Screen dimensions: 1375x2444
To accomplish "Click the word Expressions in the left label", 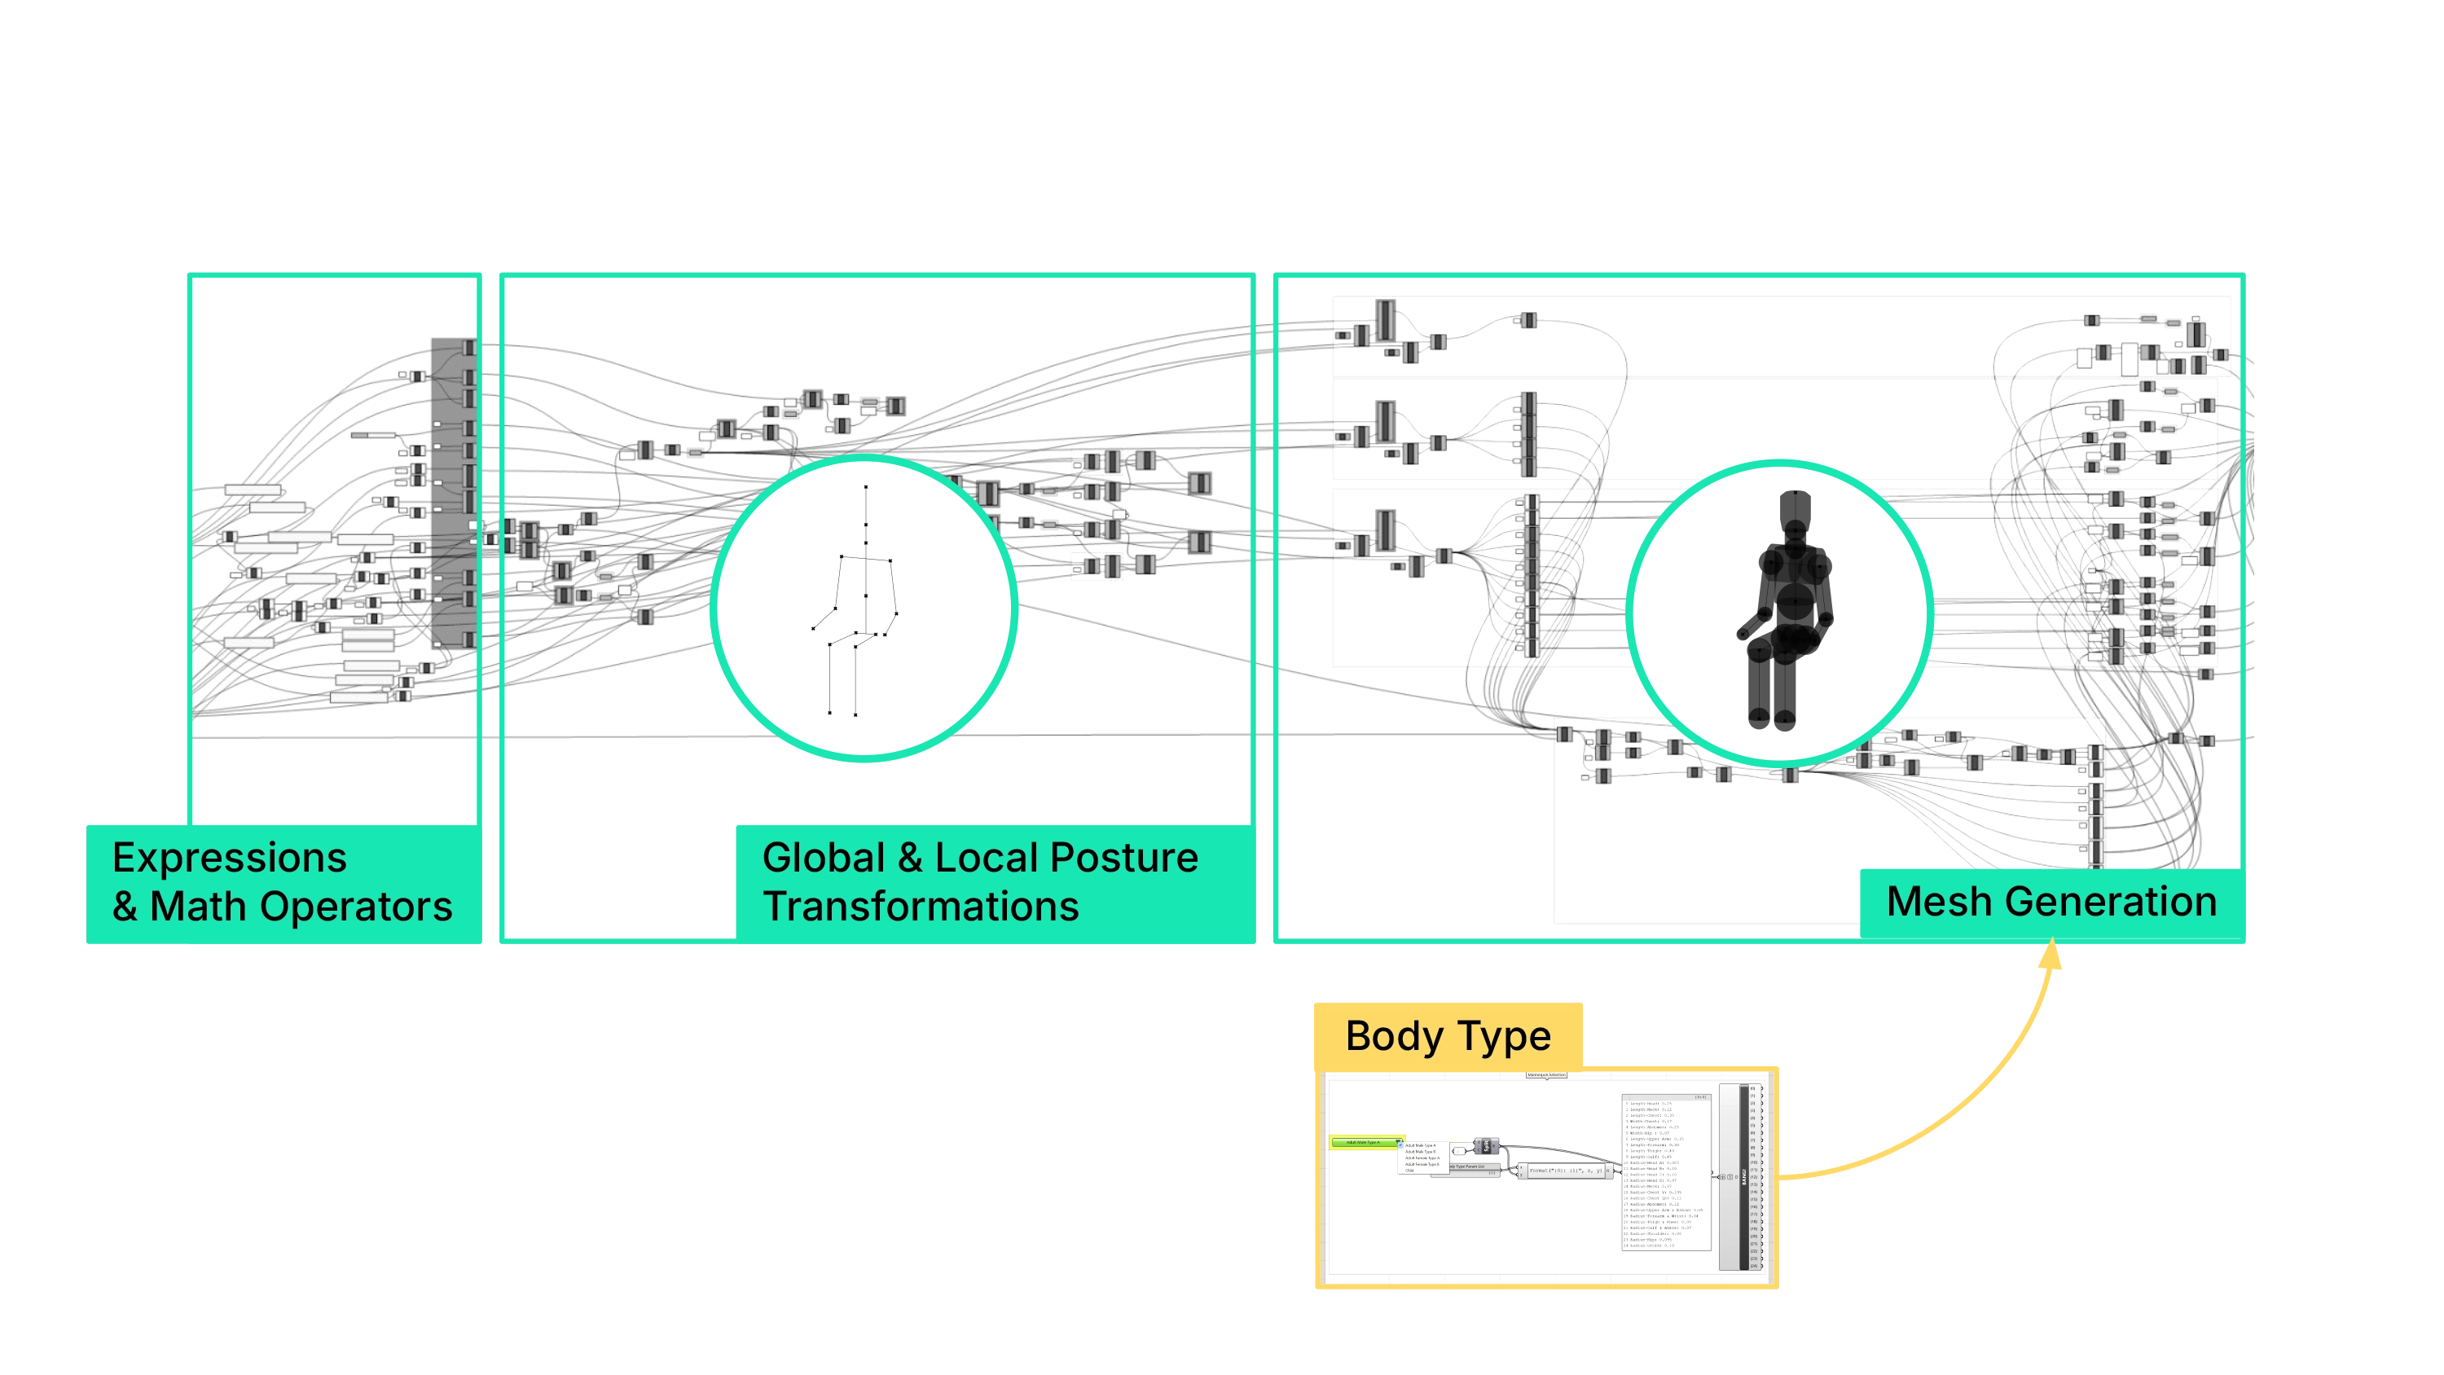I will pyautogui.click(x=229, y=858).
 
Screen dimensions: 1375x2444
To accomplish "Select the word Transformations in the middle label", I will pyautogui.click(x=921, y=907).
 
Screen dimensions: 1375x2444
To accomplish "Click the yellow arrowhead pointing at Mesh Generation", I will pyautogui.click(x=2051, y=955).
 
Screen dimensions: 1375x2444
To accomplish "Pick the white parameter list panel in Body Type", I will pyautogui.click(x=1666, y=1174).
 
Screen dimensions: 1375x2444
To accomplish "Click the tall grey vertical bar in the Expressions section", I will pyautogui.click(x=451, y=491).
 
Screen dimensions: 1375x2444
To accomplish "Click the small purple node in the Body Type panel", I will pyautogui.click(x=1487, y=1146).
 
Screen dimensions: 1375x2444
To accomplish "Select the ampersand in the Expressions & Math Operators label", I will pyautogui.click(x=125, y=907).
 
